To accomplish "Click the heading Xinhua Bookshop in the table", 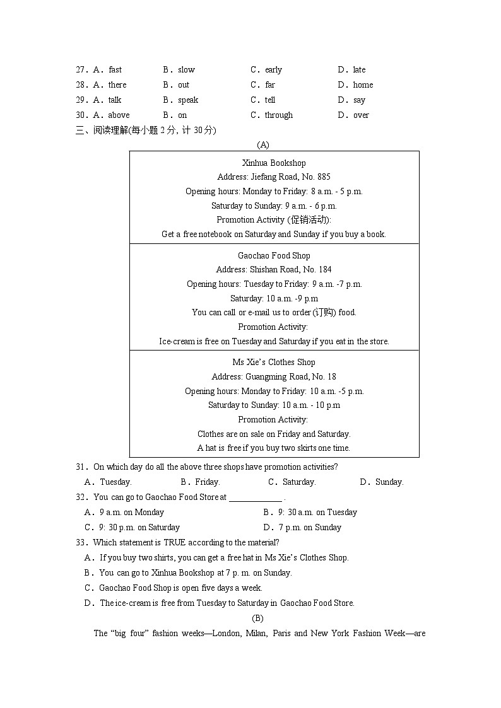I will pos(274,163).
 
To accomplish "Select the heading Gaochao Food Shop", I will pos(274,255).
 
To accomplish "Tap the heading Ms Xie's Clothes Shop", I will pos(274,362).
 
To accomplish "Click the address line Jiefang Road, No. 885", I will pos(274,177).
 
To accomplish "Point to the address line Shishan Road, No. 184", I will pos(274,270).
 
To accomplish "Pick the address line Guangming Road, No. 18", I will pos(274,376).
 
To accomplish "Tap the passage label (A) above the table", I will pos(264,145).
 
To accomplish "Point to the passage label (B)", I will pos(257,618).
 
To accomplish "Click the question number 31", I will pos(81,467).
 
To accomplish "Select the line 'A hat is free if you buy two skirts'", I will pos(274,448).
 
